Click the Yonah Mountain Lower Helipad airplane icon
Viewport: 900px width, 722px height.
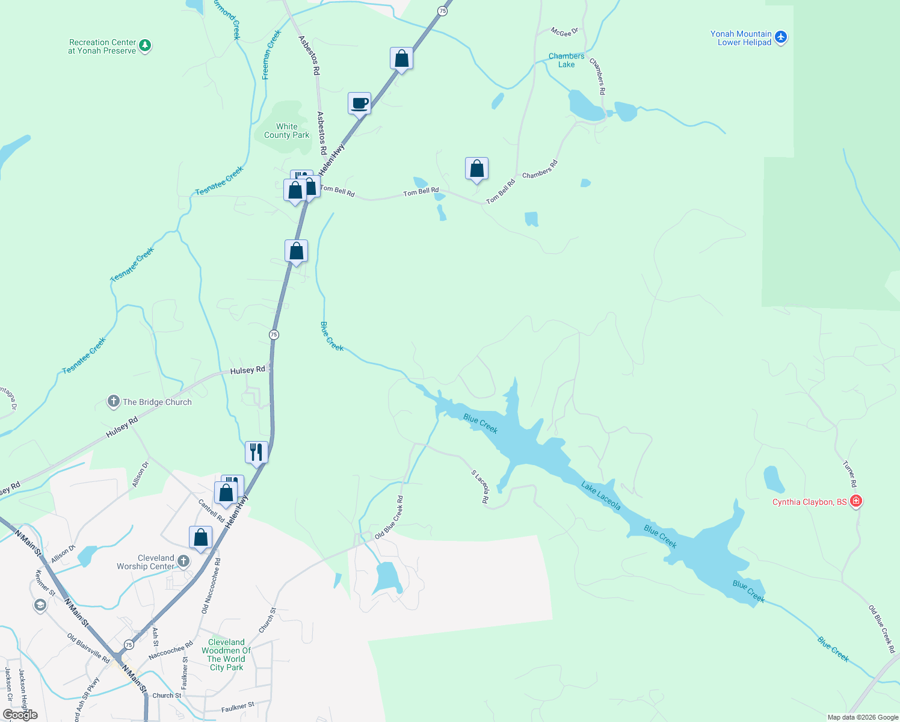coord(781,37)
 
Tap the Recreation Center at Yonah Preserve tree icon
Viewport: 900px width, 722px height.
coord(144,46)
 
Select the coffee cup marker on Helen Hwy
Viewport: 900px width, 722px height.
coord(359,103)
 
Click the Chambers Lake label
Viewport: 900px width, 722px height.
coord(566,60)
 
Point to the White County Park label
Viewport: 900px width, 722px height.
coord(286,131)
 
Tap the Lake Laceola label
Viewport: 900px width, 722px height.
coord(600,496)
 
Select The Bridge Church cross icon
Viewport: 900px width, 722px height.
coord(113,401)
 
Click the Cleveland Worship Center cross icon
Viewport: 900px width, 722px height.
coord(183,561)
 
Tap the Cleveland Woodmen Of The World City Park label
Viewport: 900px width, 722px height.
coord(226,655)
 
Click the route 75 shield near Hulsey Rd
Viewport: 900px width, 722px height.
coord(274,335)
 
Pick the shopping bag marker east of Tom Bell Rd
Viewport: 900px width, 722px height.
coord(476,169)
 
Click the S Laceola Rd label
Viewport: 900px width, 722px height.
coord(480,486)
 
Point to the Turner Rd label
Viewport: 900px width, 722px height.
coord(849,474)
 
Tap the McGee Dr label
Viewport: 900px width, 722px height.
coord(564,31)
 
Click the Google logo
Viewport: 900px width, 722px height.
coord(20,714)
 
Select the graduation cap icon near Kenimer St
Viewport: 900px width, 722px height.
coord(40,605)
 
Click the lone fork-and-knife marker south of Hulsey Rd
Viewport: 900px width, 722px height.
coord(256,452)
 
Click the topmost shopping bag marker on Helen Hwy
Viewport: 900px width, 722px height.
coord(401,59)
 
